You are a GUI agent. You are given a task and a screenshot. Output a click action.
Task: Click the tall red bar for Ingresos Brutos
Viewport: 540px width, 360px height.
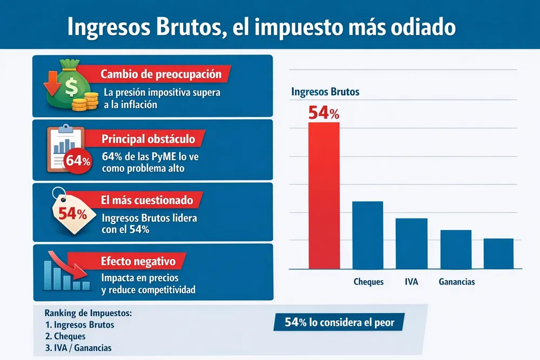click(x=324, y=195)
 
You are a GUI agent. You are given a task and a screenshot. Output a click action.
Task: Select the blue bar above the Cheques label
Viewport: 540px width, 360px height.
click(x=368, y=235)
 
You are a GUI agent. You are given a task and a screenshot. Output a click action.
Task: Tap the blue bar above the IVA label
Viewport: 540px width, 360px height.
click(x=411, y=243)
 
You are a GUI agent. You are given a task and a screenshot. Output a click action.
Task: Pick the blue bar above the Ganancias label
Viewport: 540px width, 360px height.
click(x=456, y=249)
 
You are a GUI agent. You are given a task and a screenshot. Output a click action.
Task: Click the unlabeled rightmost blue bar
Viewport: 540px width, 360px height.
click(x=498, y=253)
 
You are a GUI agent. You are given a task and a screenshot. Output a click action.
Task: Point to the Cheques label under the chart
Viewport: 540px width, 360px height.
click(x=368, y=282)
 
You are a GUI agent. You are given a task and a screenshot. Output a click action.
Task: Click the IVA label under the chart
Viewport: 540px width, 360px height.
click(x=411, y=282)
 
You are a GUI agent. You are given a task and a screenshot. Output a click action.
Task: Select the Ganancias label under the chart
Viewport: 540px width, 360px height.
click(x=456, y=282)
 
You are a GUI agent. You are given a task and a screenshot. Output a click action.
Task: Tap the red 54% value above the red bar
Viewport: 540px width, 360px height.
click(x=323, y=113)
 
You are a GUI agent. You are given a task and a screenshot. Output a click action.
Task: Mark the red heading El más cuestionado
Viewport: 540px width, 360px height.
click(x=147, y=200)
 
